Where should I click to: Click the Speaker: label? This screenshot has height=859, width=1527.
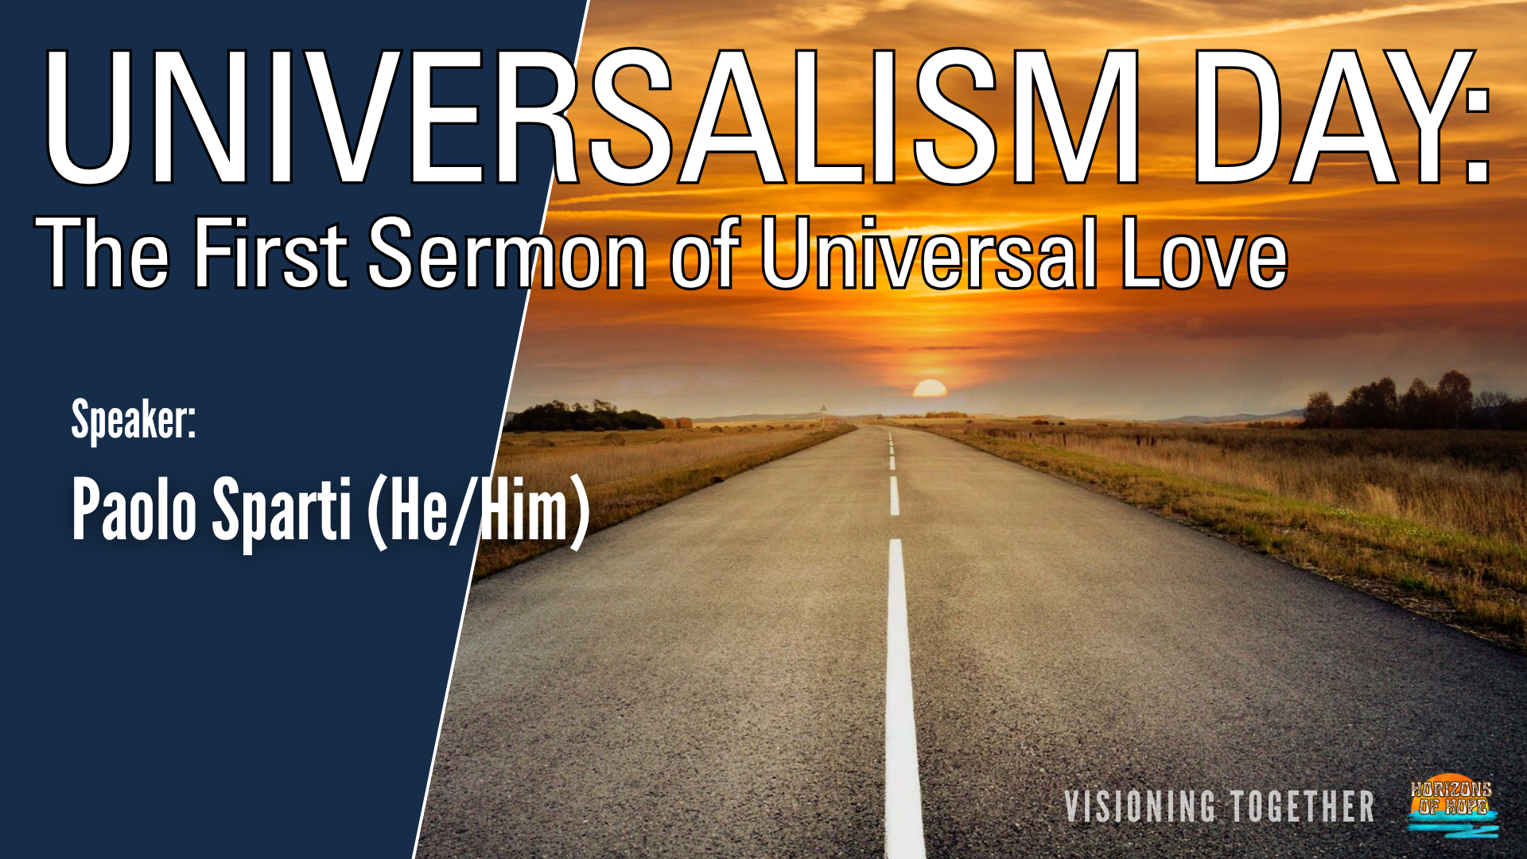[x=134, y=420]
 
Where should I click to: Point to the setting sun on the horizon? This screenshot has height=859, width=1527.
[x=930, y=388]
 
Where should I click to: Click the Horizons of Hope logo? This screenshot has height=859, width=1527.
[x=1452, y=806]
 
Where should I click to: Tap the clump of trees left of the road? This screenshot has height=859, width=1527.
[x=584, y=418]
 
